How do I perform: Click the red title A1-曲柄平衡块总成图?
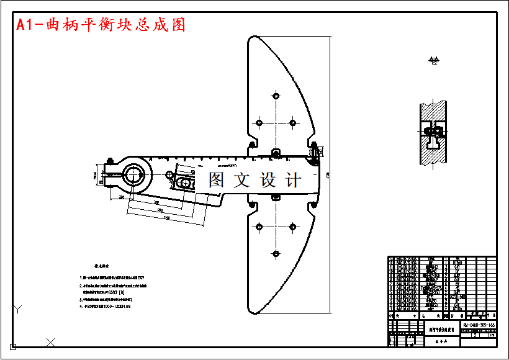(x=101, y=25)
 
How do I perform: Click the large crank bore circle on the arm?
(x=133, y=176)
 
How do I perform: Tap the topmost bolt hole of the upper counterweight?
(x=275, y=96)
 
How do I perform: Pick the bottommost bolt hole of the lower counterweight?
(x=275, y=253)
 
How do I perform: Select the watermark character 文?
(x=241, y=180)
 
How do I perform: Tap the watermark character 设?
(x=268, y=180)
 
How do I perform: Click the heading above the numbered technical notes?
(x=101, y=264)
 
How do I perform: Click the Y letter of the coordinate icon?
(x=19, y=308)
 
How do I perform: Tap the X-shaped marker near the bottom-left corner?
(x=51, y=341)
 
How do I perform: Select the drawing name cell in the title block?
(x=443, y=330)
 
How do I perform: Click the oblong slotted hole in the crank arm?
(x=185, y=182)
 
